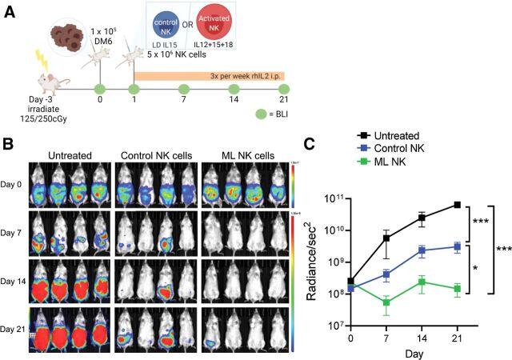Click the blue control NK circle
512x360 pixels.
coord(168,25)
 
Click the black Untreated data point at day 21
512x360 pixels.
coord(457,205)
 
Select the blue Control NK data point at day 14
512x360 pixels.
coord(422,250)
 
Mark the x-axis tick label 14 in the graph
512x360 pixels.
coord(422,338)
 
